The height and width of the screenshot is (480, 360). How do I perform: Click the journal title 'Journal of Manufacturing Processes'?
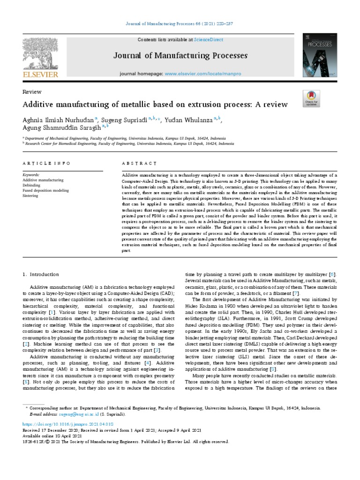pos(180,56)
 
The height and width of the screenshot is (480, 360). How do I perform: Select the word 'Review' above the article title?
pos(32,92)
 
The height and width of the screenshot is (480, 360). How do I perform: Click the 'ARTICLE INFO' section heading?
pos(46,163)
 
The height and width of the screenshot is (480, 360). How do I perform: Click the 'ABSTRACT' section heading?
pos(139,163)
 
